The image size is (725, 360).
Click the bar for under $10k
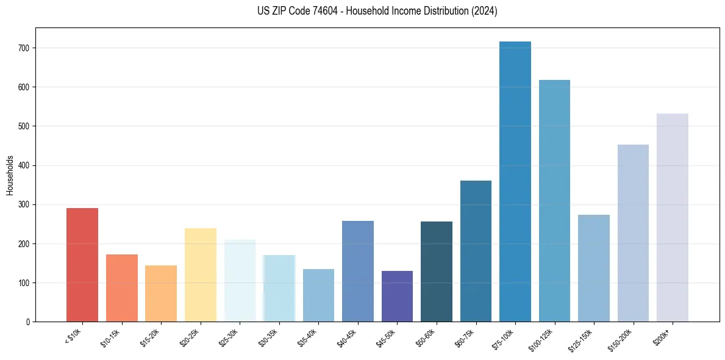pyautogui.click(x=82, y=265)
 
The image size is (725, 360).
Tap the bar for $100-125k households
pyautogui.click(x=554, y=201)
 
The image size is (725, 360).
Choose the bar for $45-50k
pyautogui.click(x=397, y=297)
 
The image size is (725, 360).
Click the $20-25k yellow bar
pyautogui.click(x=201, y=275)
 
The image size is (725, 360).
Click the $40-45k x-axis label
pyautogui.click(x=346, y=338)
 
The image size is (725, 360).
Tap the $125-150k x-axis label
pyautogui.click(x=581, y=339)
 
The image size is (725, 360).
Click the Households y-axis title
pyautogui.click(x=10, y=175)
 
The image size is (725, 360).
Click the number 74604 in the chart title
pyautogui.click(x=327, y=11)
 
